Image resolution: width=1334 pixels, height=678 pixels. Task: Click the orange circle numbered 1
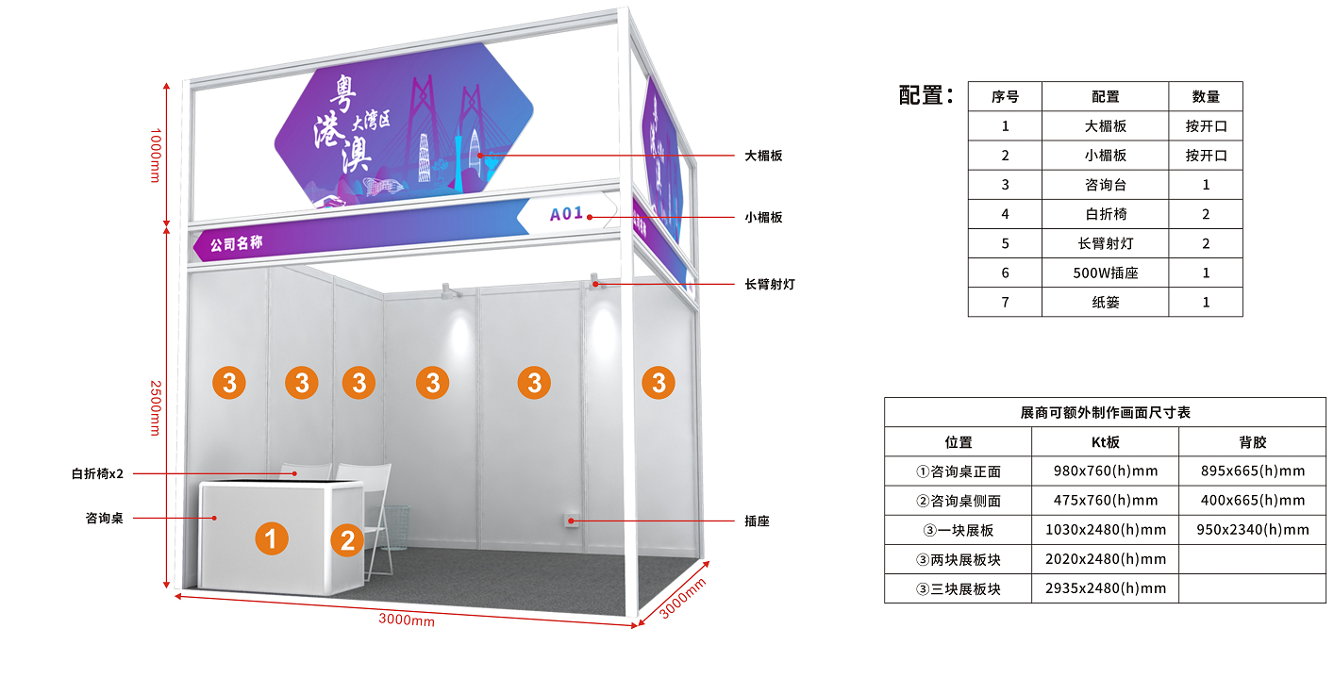pos(271,538)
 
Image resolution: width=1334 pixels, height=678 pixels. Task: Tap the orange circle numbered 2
pos(347,539)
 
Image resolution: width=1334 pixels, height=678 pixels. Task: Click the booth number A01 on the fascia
pos(567,214)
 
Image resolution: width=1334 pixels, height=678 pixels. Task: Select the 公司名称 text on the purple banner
pos(237,244)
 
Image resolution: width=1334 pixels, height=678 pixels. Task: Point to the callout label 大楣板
pos(763,156)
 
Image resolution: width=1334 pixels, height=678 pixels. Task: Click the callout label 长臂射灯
pos(769,284)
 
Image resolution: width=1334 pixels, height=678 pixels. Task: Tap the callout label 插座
pos(757,521)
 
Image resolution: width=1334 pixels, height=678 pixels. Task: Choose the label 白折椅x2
pos(98,473)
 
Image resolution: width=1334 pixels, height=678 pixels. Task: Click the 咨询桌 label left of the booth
pos(105,518)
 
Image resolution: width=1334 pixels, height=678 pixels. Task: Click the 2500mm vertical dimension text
pos(156,407)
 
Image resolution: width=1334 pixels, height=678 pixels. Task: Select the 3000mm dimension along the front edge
pos(407,620)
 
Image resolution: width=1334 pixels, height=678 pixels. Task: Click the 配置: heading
pos(926,95)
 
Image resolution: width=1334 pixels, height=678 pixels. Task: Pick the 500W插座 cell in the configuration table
pos(1105,273)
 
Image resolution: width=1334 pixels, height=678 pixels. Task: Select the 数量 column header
pos(1206,96)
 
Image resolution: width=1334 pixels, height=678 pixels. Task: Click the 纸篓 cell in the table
pos(1105,302)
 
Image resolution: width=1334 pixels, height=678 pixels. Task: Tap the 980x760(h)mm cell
pos(1106,471)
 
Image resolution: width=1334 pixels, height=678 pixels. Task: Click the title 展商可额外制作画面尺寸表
pos(1105,412)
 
